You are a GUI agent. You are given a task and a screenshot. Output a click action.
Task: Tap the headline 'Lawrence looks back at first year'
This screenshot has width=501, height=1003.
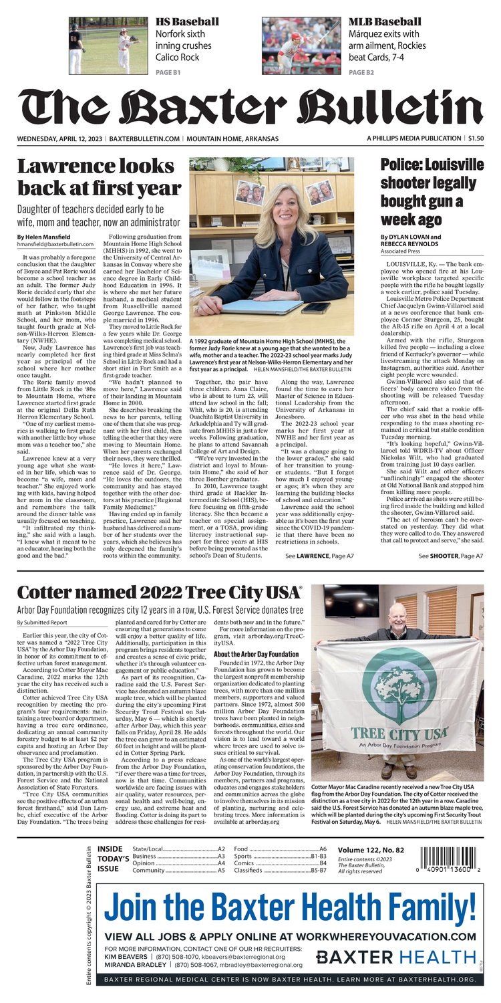click(x=99, y=177)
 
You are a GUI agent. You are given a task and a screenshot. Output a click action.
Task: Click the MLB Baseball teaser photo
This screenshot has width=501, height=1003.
click(x=302, y=45)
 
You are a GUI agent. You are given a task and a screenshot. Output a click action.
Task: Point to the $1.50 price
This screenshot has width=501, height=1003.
click(x=476, y=138)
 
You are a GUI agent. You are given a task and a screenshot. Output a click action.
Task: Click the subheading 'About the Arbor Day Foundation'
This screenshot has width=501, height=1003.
click(x=257, y=654)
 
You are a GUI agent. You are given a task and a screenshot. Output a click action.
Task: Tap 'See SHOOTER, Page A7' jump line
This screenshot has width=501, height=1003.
click(x=451, y=556)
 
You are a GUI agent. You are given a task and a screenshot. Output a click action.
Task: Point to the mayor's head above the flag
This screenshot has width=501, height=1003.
click(x=399, y=612)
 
